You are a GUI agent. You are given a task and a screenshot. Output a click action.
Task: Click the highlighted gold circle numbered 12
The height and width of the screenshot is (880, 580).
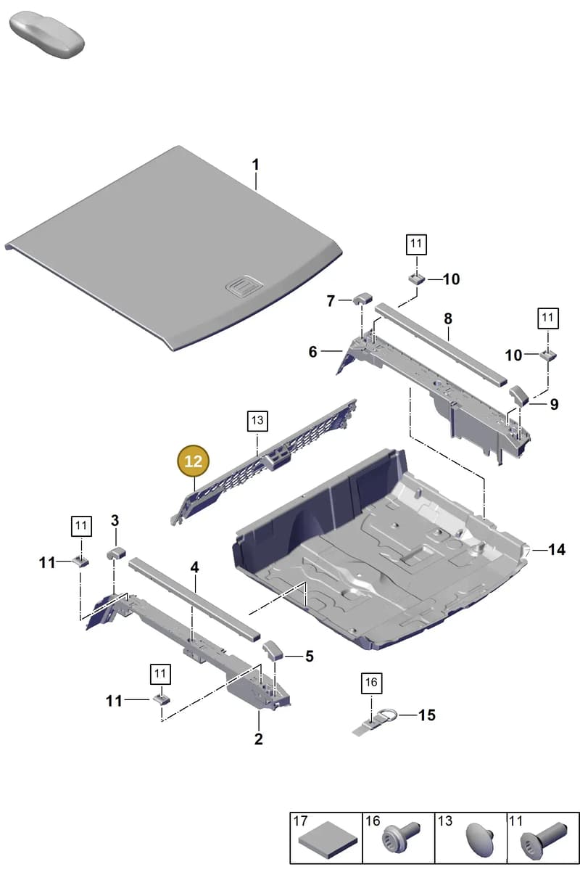tap(193, 461)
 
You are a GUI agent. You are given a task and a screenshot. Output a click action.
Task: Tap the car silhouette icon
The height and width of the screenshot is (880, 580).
tap(46, 35)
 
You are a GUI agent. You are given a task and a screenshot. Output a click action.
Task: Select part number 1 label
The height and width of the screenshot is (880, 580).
tap(256, 165)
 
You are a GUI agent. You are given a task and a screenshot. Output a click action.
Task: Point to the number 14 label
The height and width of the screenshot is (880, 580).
tap(557, 549)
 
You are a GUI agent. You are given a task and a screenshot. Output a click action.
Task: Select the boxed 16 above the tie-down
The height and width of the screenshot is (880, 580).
tap(371, 683)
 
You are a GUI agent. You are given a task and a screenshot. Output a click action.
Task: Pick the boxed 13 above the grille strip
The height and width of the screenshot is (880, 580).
tap(257, 421)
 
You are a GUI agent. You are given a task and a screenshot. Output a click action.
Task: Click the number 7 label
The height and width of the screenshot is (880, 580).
tap(331, 300)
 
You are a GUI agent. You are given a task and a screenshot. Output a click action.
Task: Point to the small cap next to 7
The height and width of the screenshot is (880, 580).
tap(362, 297)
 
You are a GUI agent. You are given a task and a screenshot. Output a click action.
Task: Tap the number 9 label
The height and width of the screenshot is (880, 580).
tap(554, 404)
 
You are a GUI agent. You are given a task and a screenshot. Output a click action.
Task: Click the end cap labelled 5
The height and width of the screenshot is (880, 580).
tap(273, 651)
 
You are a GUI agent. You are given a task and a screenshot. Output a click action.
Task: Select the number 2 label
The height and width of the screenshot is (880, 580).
tap(258, 739)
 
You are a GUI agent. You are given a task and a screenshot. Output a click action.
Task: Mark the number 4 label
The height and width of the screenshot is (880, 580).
tap(194, 567)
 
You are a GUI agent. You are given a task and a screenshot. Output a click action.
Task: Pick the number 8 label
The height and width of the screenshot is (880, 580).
tap(448, 318)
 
